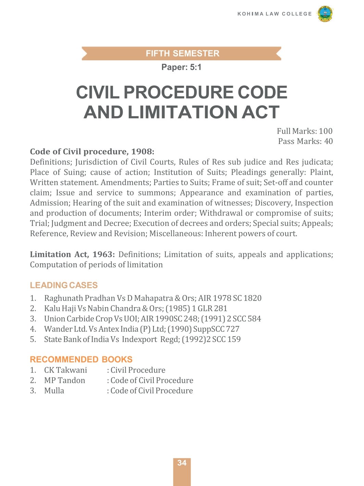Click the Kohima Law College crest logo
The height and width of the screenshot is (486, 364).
coord(325,14)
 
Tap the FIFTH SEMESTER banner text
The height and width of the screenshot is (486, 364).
coord(182,53)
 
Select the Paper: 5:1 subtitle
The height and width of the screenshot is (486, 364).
coord(181,67)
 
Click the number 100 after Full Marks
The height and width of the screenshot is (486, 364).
coord(325,131)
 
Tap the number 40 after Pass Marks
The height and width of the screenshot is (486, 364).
coord(328,141)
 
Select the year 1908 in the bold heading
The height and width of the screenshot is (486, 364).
coord(142,151)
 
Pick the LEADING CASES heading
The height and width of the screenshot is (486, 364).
coord(64,285)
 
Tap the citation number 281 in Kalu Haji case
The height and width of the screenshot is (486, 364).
coord(221,308)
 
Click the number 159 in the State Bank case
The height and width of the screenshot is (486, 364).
coord(234,339)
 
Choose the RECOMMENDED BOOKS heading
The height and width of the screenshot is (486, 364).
coord(81,359)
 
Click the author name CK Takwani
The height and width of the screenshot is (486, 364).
coord(65,370)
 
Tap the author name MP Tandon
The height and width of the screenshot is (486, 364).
coord(64,380)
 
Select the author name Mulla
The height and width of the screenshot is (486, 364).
coord(54,391)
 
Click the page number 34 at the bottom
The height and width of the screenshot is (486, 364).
coord(182,463)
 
